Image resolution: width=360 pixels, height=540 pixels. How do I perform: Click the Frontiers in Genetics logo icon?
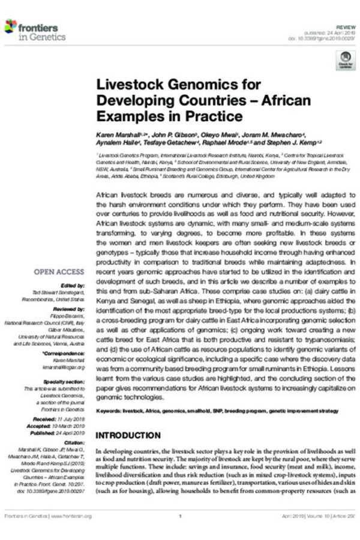[x=11, y=26]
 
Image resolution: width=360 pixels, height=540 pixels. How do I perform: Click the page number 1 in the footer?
[x=180, y=516]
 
